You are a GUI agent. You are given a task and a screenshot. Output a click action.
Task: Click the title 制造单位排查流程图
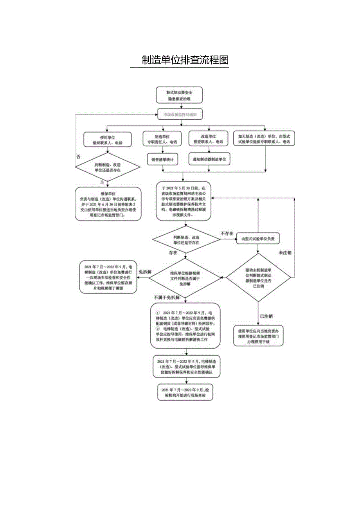coord(185,60)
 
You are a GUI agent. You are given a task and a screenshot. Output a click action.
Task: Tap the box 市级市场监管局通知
coord(180,115)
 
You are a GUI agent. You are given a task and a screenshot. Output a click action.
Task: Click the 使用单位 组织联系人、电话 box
coord(107,140)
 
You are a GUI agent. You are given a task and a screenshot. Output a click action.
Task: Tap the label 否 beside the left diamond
coord(78,156)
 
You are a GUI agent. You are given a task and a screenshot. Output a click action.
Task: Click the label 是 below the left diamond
coord(102,182)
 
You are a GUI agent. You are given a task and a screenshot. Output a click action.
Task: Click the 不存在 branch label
coord(227,233)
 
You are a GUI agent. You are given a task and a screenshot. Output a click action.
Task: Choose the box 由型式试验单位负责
coord(258,239)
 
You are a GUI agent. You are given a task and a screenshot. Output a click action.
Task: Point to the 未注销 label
coord(285,253)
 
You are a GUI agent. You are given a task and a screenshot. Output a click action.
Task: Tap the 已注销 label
coord(266,315)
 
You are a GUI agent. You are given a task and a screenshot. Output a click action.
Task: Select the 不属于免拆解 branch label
coord(167,297)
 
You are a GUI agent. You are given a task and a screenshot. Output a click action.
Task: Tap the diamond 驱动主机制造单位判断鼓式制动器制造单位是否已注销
coord(258,277)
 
